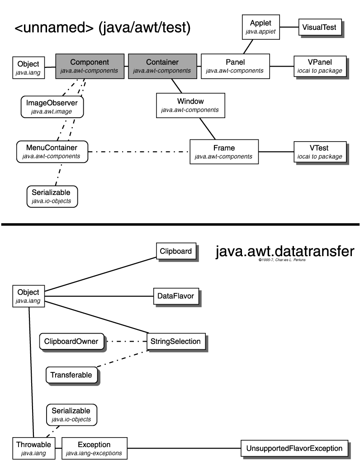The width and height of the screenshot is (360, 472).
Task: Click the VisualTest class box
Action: pos(319,27)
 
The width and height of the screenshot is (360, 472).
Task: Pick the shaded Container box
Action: pos(162,66)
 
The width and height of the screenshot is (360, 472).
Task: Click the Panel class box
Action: pos(235,66)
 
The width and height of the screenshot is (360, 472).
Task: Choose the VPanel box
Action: pos(320,66)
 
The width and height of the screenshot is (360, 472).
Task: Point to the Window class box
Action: pos(190,105)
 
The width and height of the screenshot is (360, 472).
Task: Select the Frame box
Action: pos(224,152)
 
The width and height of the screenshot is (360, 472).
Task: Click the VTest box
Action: pos(320,152)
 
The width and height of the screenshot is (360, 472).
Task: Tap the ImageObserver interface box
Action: pos(52,107)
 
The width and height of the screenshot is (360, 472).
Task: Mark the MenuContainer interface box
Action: pos(52,152)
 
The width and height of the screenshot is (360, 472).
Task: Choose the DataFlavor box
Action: pos(175,296)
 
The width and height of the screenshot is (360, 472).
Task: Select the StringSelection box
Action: pos(176,341)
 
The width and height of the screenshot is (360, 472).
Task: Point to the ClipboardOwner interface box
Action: pos(71,341)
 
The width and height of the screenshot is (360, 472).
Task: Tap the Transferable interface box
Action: pos(71,375)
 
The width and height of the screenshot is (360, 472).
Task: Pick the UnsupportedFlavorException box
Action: pos(294,448)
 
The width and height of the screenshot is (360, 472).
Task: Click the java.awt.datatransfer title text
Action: pos(284,251)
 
